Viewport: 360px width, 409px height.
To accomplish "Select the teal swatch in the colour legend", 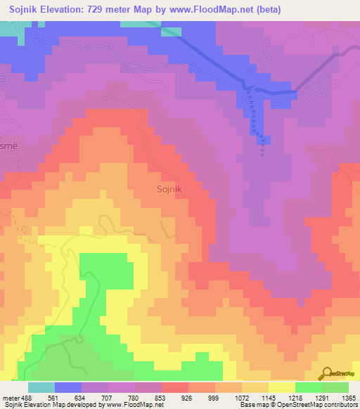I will (x=41, y=387).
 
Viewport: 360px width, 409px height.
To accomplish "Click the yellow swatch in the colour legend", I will (x=282, y=387).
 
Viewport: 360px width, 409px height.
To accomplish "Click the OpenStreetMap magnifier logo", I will (x=326, y=372).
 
